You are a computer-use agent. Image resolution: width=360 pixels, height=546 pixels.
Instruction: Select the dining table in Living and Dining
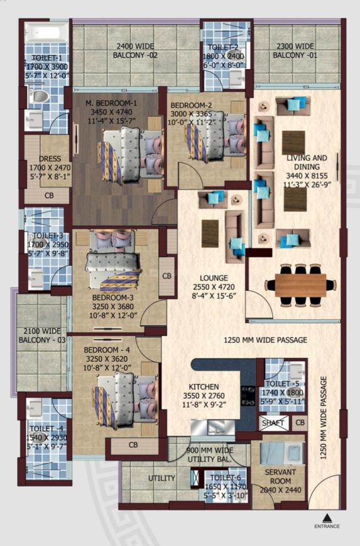pyautogui.click(x=296, y=284)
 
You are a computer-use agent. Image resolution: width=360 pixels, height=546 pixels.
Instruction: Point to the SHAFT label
pyautogui.click(x=273, y=423)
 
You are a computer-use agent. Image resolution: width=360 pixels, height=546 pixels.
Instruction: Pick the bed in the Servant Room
pyautogui.click(x=275, y=451)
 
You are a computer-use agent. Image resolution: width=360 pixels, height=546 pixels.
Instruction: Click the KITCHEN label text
pyautogui.click(x=204, y=387)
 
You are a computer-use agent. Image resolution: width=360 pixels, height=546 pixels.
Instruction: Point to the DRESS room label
pyautogui.click(x=49, y=159)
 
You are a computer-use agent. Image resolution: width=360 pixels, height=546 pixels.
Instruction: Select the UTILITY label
pyautogui.click(x=161, y=479)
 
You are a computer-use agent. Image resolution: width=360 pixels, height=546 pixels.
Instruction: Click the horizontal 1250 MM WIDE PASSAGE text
pyautogui.click(x=265, y=340)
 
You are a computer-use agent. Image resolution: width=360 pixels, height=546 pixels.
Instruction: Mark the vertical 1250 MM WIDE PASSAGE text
pyautogui.click(x=324, y=418)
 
